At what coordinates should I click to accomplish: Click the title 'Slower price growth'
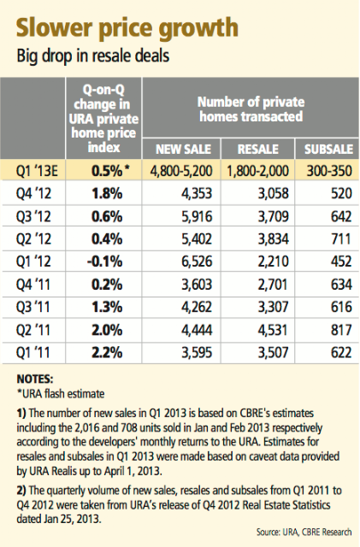tap(127, 28)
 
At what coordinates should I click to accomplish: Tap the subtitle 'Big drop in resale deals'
tap(93, 56)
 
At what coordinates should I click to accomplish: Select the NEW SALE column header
tap(183, 150)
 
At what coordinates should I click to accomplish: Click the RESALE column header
tap(258, 150)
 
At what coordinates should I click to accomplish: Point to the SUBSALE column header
tap(328, 150)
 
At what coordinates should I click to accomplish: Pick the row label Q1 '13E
tap(37, 171)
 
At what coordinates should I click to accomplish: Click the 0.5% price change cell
tap(110, 171)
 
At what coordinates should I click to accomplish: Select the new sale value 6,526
tap(197, 262)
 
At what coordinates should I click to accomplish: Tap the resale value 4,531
tap(274, 330)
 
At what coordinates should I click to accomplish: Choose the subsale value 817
tap(341, 330)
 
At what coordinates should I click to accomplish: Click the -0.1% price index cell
tap(105, 262)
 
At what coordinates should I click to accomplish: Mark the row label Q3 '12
tap(33, 216)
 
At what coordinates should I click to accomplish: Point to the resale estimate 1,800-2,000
tap(257, 171)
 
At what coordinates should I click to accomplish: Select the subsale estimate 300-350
tap(329, 171)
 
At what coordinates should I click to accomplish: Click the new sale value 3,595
tap(197, 352)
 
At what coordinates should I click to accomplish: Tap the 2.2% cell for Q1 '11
tap(107, 352)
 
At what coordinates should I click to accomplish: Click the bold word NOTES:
tap(35, 379)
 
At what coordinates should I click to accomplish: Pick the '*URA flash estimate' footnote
tap(61, 394)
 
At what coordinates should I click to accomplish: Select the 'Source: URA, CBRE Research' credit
tap(304, 532)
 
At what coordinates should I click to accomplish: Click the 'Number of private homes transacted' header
tap(251, 109)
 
